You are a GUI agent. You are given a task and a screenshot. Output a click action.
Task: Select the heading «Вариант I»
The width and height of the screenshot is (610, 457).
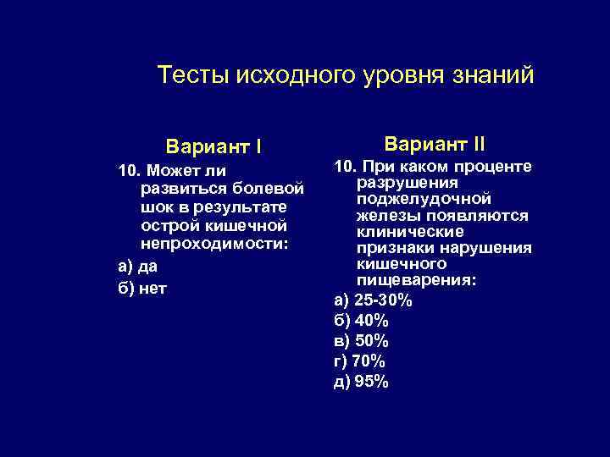pyautogui.click(x=213, y=146)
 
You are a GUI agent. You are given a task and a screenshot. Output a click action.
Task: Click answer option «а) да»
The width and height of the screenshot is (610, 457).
pyautogui.click(x=137, y=267)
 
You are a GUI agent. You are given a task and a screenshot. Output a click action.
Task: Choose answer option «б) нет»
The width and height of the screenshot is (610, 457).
pyautogui.click(x=142, y=287)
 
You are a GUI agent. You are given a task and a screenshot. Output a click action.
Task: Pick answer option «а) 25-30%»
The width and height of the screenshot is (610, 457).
pyautogui.click(x=374, y=300)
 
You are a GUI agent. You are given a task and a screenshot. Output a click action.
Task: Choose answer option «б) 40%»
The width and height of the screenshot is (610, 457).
pyautogui.click(x=362, y=321)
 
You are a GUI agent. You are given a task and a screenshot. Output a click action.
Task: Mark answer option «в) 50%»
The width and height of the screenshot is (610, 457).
pyautogui.click(x=362, y=341)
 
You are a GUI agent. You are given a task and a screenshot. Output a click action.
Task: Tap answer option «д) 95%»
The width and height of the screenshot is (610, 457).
pyautogui.click(x=362, y=382)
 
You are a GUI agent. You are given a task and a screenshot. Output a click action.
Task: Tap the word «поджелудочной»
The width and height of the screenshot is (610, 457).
pyautogui.click(x=424, y=200)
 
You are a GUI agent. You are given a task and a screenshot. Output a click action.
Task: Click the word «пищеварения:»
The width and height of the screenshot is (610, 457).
pyautogui.click(x=416, y=280)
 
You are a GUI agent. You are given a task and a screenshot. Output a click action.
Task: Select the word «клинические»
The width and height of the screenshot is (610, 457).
pyautogui.click(x=410, y=231)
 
